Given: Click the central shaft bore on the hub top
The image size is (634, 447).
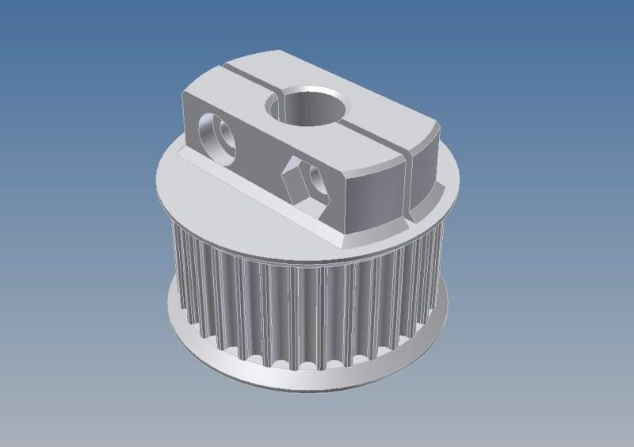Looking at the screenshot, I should point(311,107).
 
